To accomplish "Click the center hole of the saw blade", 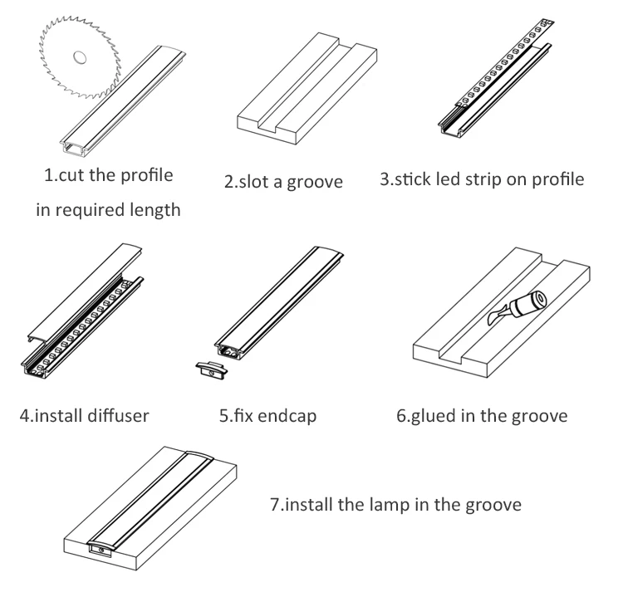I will tap(80, 58).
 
